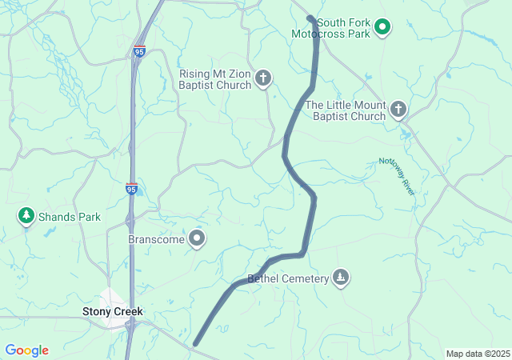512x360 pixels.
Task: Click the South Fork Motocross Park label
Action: tap(343, 29)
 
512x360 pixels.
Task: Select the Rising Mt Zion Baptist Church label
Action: tap(216, 79)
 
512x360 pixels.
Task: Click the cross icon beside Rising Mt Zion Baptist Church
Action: tap(263, 78)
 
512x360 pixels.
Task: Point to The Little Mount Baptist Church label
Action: tap(346, 110)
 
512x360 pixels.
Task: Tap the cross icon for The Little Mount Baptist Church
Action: tap(398, 110)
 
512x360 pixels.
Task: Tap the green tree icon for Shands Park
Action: tap(26, 216)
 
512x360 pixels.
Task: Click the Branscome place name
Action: tap(156, 239)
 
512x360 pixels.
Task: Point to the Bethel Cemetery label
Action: tap(288, 278)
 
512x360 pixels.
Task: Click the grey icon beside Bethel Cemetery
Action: tap(341, 278)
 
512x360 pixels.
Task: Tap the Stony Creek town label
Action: tap(112, 310)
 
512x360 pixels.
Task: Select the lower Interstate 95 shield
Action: tap(131, 188)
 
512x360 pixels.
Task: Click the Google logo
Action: tap(26, 350)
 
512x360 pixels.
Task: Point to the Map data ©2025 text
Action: tap(478, 354)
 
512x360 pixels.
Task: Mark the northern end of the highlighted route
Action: tap(310, 18)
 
